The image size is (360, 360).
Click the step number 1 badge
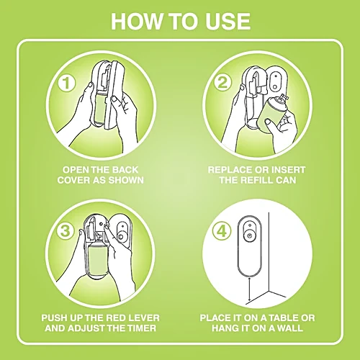tap(67, 83)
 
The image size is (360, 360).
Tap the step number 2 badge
tap(222, 82)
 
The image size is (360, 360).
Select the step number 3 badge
tap(66, 230)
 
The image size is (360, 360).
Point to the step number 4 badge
tap(222, 231)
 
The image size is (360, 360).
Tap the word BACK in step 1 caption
tap(125, 170)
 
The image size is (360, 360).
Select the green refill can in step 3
tap(98, 261)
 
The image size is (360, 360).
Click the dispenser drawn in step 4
tap(250, 246)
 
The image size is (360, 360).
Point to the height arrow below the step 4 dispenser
tap(250, 289)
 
